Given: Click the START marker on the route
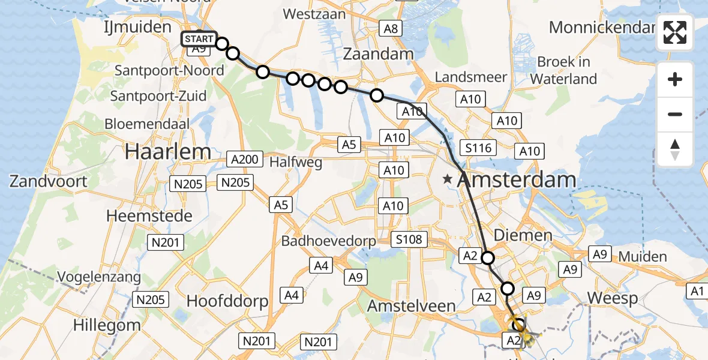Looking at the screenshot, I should [x=199, y=39].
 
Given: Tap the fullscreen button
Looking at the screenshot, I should [x=675, y=32].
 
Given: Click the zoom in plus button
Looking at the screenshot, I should [x=675, y=79].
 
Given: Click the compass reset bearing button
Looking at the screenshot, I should [x=675, y=149].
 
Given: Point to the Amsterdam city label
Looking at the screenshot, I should [x=517, y=179].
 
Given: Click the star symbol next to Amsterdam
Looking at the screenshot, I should [x=448, y=179].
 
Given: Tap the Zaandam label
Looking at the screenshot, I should [x=378, y=54].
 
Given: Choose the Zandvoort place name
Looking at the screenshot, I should [x=48, y=181].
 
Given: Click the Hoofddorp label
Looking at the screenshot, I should [x=227, y=301].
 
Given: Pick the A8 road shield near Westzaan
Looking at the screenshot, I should [x=391, y=28].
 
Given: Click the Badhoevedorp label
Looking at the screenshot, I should [x=329, y=241].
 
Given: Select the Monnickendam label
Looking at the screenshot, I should [x=602, y=28].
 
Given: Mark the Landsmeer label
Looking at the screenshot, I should [x=471, y=77].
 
